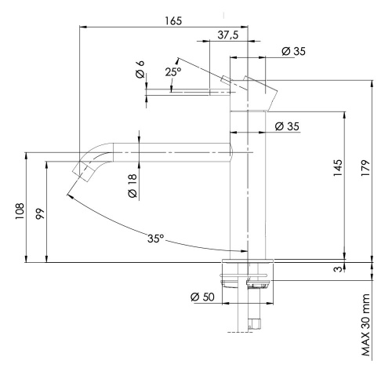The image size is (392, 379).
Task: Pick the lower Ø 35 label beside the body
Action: [x=288, y=126]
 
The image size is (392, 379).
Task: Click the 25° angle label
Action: [x=172, y=72]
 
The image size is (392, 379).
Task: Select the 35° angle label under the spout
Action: [x=156, y=238]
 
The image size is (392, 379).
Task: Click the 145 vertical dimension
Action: [x=338, y=170]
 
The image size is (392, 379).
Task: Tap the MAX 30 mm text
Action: [x=367, y=326]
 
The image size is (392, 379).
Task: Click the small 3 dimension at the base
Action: [x=338, y=270]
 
